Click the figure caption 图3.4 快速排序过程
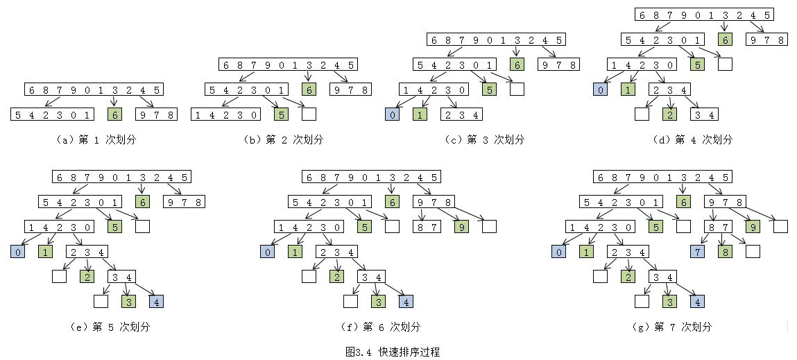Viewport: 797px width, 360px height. coord(393,352)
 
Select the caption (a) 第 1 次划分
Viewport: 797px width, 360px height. coord(94,139)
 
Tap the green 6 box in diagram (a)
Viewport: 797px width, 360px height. coord(115,114)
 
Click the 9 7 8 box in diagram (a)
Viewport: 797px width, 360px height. coord(156,114)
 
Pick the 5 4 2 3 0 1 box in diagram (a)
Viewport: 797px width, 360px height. coord(53,114)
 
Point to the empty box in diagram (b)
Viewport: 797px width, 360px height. coord(309,114)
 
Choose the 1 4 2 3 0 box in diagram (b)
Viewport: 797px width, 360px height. coord(225,114)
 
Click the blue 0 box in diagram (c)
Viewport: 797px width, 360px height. coord(393,114)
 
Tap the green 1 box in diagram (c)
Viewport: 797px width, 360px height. coord(420,114)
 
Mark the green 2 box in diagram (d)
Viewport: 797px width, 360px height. coord(669,114)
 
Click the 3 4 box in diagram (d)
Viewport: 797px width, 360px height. coord(704,114)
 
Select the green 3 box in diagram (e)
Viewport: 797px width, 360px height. coord(128,302)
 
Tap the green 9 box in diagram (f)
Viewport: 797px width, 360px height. coord(461,227)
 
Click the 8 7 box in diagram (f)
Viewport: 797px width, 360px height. coord(427,227)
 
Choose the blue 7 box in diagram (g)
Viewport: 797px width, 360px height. coord(697,252)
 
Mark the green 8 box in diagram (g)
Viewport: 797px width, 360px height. coord(725,252)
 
